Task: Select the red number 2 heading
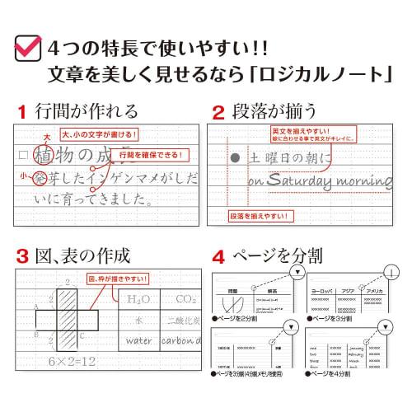219,112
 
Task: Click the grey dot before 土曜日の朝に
236,157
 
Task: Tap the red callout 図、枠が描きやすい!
118,279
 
